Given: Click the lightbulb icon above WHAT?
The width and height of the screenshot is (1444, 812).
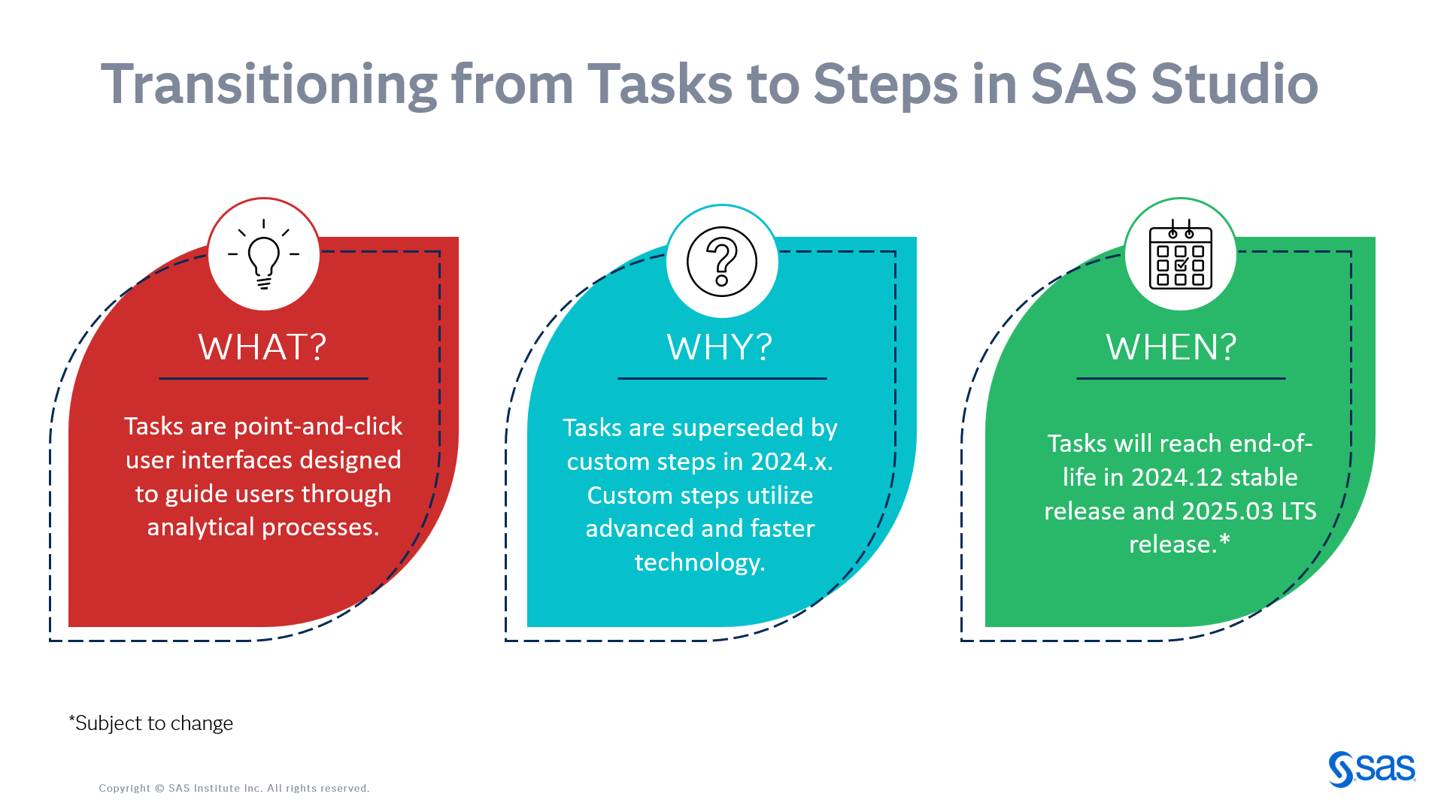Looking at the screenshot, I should coord(263,255).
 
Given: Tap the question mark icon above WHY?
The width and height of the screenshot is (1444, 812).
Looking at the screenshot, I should coord(722,262).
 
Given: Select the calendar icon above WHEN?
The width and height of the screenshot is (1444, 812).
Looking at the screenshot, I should coord(1180,256).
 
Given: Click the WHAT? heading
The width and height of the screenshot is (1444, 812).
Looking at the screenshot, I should coord(262,347).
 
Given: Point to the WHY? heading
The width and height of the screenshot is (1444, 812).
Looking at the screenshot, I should coord(720,347).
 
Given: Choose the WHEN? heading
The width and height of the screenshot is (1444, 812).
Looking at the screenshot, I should coord(1171,347).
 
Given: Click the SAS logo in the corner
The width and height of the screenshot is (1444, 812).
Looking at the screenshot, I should coord(1372,769).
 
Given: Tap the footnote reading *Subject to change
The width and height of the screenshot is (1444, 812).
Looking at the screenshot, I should coord(151,723).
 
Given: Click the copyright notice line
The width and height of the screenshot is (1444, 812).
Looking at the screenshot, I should coord(234,788).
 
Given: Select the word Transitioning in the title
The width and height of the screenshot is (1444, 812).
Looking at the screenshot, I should coord(269,84).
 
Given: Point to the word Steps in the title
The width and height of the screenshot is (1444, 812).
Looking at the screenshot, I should coord(885,84).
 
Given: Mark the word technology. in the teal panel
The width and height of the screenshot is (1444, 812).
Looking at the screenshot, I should coord(699,562).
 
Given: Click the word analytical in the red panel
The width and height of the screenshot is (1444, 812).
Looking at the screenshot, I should coord(201,527).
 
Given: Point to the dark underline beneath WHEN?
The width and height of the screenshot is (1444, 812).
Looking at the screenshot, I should coord(1180,378).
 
